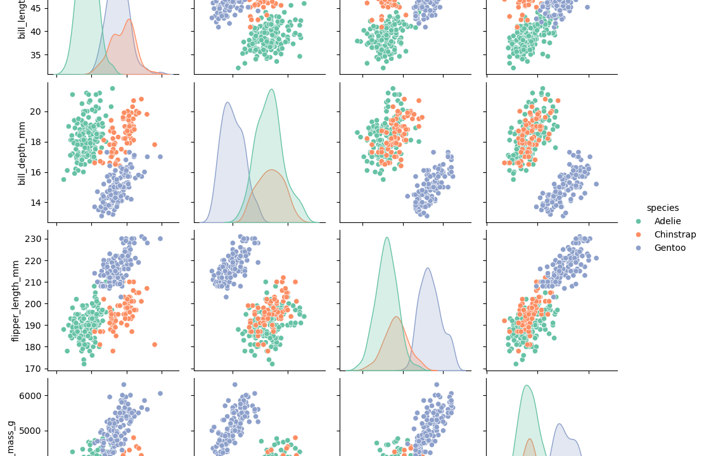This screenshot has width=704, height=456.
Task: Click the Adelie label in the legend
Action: tap(667, 221)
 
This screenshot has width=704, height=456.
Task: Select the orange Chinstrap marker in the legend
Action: tap(639, 234)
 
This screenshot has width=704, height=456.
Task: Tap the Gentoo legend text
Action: tap(670, 248)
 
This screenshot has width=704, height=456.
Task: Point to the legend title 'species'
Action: tap(662, 208)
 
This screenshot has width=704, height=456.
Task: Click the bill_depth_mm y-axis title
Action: tap(22, 153)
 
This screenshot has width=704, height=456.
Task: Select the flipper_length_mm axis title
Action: tap(16, 301)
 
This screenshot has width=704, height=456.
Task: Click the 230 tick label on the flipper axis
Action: tap(34, 239)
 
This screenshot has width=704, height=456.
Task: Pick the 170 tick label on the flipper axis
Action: tap(34, 368)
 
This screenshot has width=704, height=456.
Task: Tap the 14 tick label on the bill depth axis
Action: tap(37, 202)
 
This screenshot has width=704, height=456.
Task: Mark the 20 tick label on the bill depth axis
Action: tap(37, 111)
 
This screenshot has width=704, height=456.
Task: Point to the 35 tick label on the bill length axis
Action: tap(37, 54)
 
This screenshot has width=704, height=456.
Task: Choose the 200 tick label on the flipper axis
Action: tap(34, 303)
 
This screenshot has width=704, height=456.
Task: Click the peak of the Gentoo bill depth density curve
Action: tap(227, 103)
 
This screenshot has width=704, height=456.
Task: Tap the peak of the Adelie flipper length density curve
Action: tap(387, 237)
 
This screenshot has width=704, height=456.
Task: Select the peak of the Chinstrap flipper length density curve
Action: tap(396, 317)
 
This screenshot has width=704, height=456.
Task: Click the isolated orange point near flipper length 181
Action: tap(154, 345)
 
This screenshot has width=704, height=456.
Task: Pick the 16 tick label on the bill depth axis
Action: tap(37, 172)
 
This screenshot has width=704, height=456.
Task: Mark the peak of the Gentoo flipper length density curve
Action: tap(428, 268)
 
